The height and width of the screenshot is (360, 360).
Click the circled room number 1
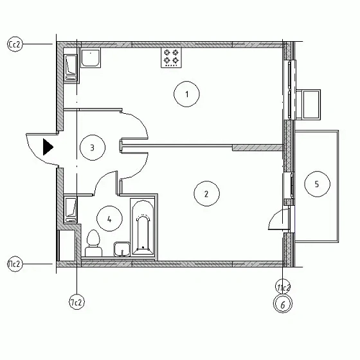(x=187, y=95)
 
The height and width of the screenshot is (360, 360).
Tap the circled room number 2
(x=206, y=194)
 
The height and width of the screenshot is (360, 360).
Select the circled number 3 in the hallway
(x=93, y=147)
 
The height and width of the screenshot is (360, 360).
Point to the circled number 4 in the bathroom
(x=110, y=219)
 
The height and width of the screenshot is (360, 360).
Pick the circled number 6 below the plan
(x=282, y=305)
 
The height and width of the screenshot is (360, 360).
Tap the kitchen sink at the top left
(x=91, y=57)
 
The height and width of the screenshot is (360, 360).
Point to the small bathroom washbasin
(x=122, y=248)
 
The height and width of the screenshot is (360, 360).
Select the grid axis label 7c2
(x=76, y=301)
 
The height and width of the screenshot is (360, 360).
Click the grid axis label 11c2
(x=283, y=287)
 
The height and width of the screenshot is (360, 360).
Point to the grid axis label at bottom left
(x=15, y=264)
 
